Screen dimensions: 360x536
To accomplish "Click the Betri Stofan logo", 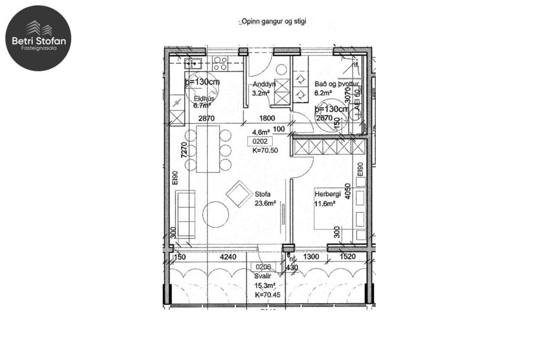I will (38, 38).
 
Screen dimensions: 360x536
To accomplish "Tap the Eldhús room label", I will (204, 99).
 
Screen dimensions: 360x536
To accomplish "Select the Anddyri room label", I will (264, 84).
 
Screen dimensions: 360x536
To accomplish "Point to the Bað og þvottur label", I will (337, 84).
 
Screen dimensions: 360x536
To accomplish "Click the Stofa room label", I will (263, 195).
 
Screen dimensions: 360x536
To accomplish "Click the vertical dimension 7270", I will (184, 152).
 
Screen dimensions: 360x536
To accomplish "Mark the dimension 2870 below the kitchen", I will (206, 118).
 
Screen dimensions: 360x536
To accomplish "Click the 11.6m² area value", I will (325, 203).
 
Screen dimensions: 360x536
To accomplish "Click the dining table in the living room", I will (208, 150).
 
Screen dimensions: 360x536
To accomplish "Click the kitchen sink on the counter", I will (193, 63).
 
